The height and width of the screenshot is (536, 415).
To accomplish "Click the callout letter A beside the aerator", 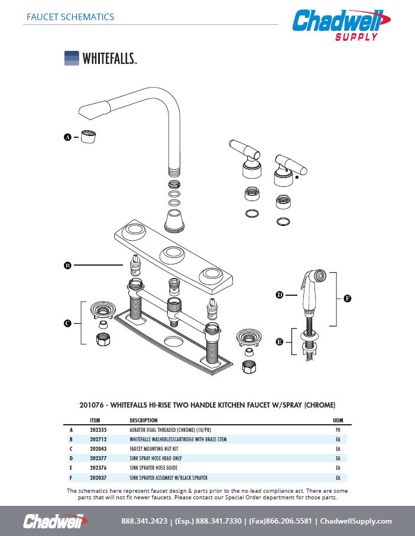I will (67, 137).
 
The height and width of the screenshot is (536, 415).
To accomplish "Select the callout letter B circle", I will (67, 266).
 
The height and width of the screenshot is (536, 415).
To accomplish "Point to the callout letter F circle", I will (347, 298).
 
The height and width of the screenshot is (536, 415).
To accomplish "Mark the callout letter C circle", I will (67, 323).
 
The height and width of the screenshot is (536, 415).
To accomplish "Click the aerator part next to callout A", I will (89, 136).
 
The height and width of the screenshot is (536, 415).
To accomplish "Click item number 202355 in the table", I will (98, 430).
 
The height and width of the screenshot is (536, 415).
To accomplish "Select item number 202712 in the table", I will (98, 440).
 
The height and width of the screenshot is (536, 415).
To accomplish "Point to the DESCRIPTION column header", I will (144, 420).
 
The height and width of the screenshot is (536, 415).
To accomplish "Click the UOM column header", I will (339, 420).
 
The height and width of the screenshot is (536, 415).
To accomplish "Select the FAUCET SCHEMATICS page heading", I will (70, 17).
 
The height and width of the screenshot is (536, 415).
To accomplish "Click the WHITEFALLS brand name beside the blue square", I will (109, 58).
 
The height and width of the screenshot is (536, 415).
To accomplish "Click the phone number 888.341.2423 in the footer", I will (144, 521).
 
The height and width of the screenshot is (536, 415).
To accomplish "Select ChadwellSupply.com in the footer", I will (356, 521).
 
